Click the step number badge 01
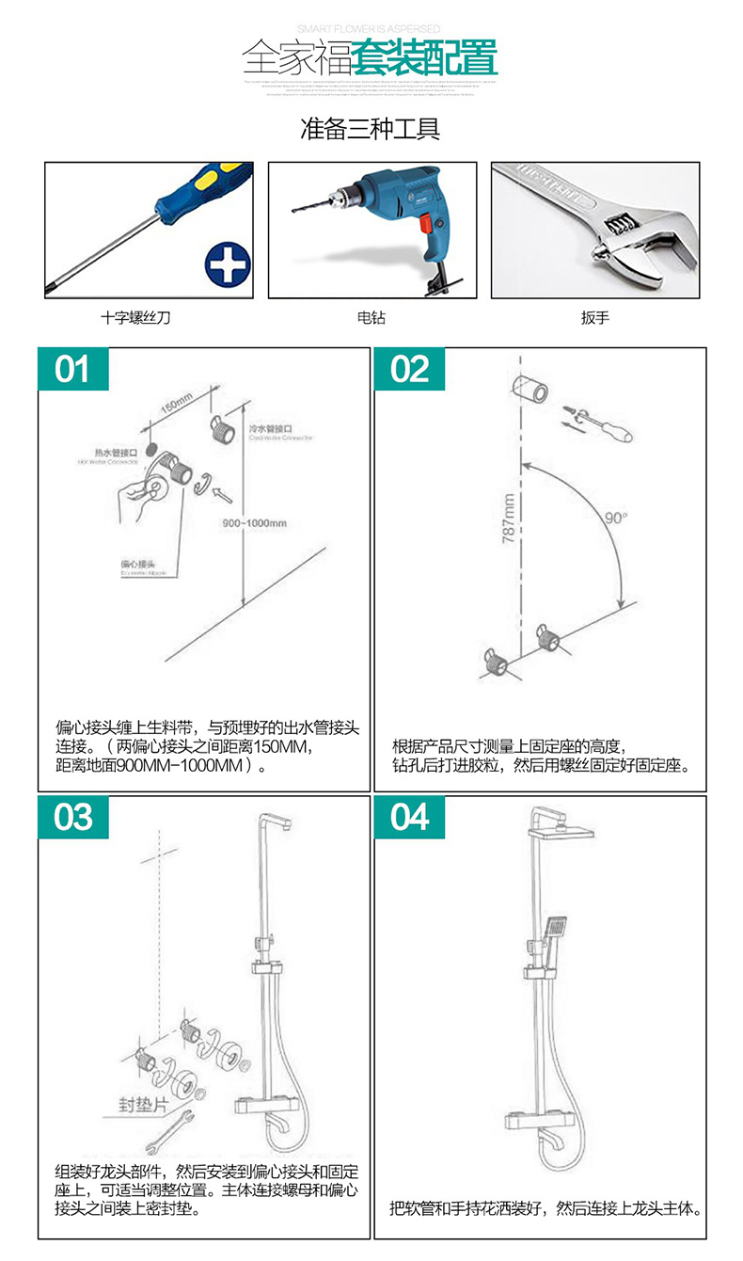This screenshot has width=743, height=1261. (x=72, y=369)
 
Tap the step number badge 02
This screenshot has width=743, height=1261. (x=410, y=369)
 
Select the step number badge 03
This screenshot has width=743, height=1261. (x=72, y=817)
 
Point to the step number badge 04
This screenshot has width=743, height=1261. (x=410, y=817)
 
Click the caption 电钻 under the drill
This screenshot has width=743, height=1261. (x=371, y=318)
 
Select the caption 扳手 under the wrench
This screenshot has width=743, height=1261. (x=594, y=318)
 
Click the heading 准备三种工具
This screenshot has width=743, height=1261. (x=371, y=128)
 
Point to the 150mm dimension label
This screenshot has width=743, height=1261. (x=176, y=405)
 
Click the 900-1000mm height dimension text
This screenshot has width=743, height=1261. (x=255, y=523)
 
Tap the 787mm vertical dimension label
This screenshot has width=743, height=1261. (x=509, y=519)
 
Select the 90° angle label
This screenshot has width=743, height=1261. (x=616, y=518)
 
